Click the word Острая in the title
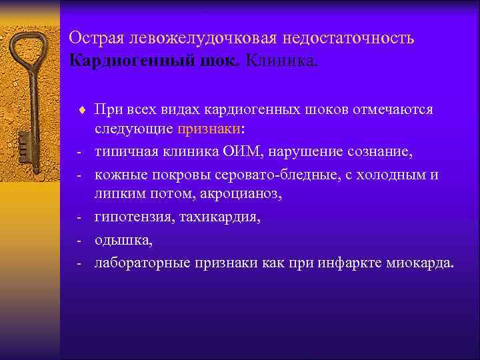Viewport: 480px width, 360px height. (x=93, y=39)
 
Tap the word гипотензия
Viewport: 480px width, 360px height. (x=134, y=217)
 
